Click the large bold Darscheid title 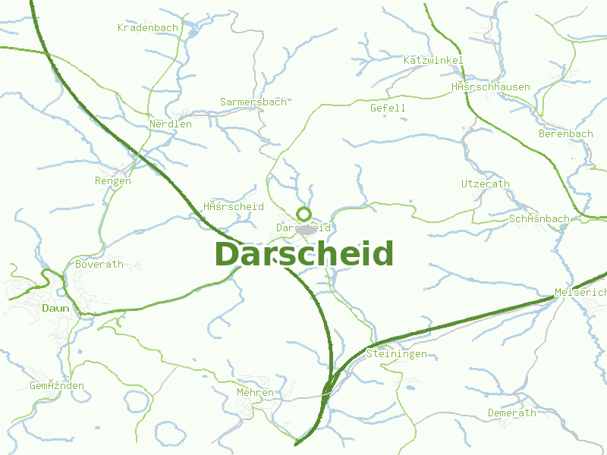point(304,253)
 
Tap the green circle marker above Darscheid point(304,213)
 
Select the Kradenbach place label point(148,27)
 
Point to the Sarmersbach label point(253,102)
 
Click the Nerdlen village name point(171,124)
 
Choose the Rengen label point(113,180)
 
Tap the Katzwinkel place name point(433,60)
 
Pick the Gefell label point(388,108)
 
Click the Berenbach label point(566,134)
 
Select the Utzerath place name point(486,184)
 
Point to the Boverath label point(99,265)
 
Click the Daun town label point(55,308)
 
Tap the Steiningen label point(396,354)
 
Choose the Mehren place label point(255,393)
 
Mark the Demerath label point(511,413)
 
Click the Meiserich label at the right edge point(581,292)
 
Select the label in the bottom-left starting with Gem point(57,386)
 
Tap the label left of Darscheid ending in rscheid point(234,206)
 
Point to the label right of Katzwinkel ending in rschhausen point(491,87)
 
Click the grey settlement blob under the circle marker point(306,229)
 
